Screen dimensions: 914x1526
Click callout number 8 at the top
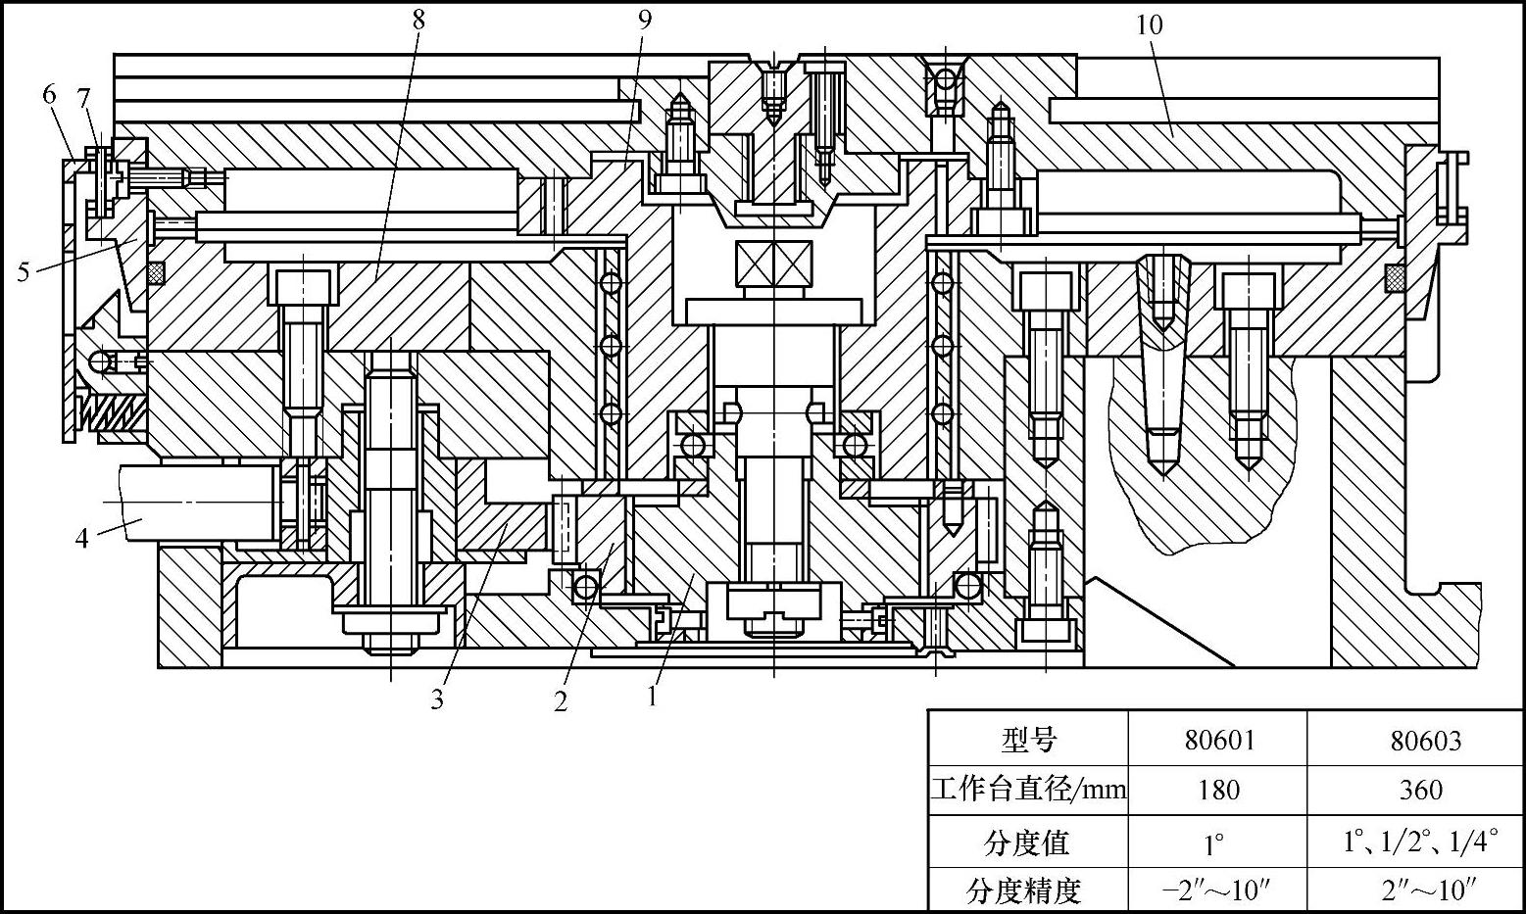pyautogui.click(x=418, y=19)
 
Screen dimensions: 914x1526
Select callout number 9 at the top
pyautogui.click(x=643, y=19)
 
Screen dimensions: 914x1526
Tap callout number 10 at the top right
pyautogui.click(x=1149, y=24)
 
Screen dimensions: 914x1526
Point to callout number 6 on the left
pyautogui.click(x=50, y=95)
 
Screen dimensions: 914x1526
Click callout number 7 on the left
pyautogui.click(x=83, y=98)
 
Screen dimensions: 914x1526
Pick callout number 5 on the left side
pyautogui.click(x=23, y=271)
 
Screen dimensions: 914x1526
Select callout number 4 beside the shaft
pyautogui.click(x=83, y=538)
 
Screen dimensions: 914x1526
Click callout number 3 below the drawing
pyautogui.click(x=437, y=699)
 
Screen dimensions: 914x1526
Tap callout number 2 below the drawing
pyautogui.click(x=561, y=701)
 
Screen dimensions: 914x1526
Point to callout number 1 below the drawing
pyautogui.click(x=652, y=697)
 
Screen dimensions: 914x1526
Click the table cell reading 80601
pyautogui.click(x=1218, y=740)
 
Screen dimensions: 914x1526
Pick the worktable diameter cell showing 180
pyautogui.click(x=1218, y=790)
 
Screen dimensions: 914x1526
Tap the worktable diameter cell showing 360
pyautogui.click(x=1420, y=790)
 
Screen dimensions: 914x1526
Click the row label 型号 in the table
pyautogui.click(x=1029, y=740)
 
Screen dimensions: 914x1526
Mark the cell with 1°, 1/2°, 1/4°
pyautogui.click(x=1420, y=841)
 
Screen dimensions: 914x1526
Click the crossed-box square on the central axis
pyautogui.click(x=773, y=264)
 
